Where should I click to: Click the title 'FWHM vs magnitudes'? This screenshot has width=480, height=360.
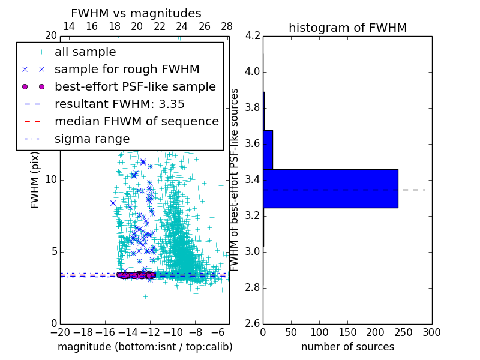136,13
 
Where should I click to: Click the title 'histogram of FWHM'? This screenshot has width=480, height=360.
347,28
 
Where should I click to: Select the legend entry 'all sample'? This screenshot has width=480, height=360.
85,52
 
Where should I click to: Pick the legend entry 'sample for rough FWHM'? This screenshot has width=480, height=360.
127,70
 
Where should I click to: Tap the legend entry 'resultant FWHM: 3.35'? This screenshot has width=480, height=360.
119,104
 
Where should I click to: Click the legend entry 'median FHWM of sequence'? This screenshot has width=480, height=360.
136,122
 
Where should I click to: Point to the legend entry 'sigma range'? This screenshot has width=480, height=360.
92,139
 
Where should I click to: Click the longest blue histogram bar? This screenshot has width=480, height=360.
330,188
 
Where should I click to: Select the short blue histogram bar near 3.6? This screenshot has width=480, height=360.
268,149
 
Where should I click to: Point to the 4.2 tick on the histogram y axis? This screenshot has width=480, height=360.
253,36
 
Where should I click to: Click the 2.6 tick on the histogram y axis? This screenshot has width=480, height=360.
253,323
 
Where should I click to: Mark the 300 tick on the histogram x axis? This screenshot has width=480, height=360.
431,332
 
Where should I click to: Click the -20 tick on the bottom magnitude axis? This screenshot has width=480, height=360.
60,332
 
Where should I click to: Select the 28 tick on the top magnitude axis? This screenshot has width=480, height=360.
227,26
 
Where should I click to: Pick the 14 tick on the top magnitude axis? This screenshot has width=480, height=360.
69,26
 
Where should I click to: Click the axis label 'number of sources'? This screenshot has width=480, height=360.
347,347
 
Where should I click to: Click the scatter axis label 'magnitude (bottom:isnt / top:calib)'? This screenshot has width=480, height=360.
145,347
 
